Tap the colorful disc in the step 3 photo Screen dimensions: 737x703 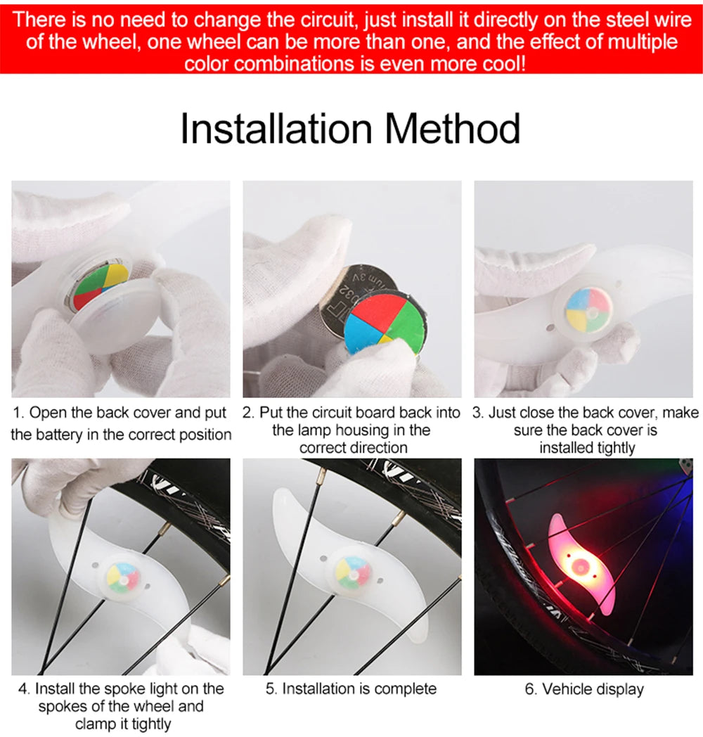click(x=587, y=312)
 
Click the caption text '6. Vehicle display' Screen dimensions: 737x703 click(x=583, y=689)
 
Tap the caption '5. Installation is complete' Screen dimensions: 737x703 click(x=351, y=689)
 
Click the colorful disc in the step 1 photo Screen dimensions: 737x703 click(x=101, y=283)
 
